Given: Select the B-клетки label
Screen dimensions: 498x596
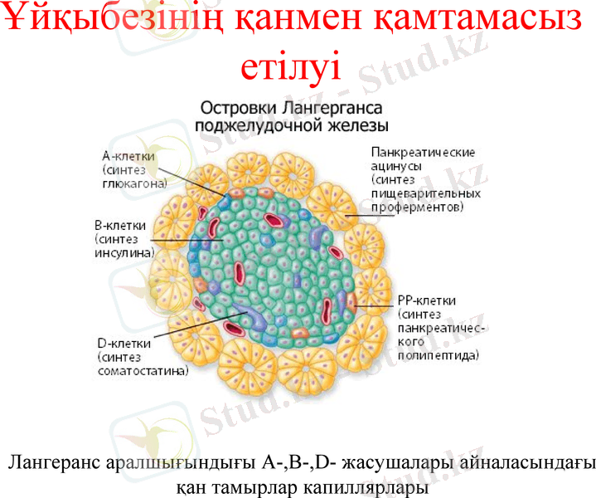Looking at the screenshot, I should pyautogui.click(x=121, y=225).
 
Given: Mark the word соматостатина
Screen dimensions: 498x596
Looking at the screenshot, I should pyautogui.click(x=142, y=370).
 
